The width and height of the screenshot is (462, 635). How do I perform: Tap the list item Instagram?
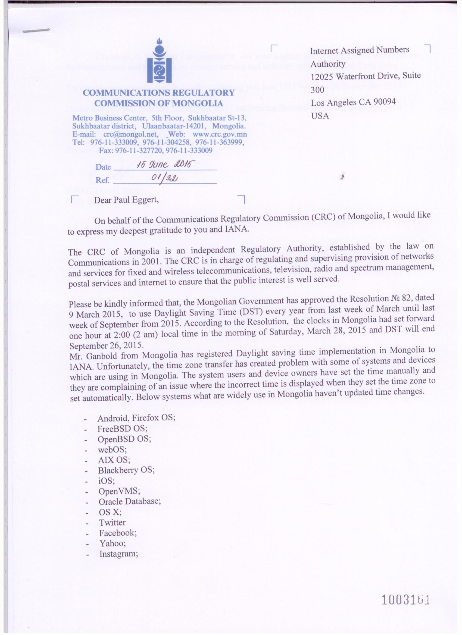118,554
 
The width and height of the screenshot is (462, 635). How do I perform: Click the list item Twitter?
112,523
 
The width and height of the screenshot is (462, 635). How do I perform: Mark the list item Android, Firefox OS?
136,418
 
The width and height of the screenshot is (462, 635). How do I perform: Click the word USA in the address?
320,116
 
